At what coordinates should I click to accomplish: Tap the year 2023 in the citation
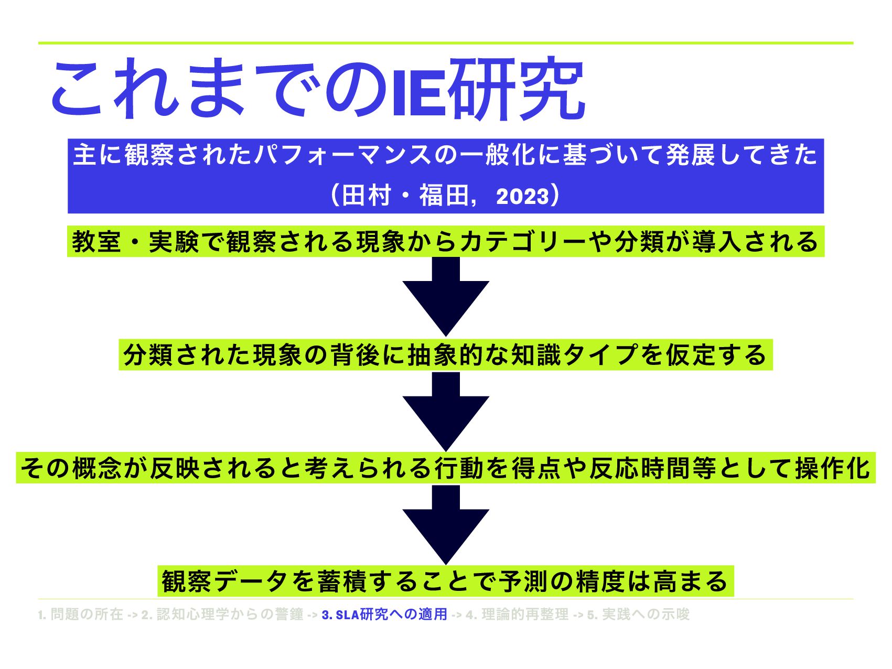coord(522,197)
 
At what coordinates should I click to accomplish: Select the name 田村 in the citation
coord(366,196)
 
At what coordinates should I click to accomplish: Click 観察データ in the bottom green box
coord(225,581)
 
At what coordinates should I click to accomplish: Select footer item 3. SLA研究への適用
coord(384,614)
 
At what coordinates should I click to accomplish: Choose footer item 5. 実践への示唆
coord(638,614)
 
